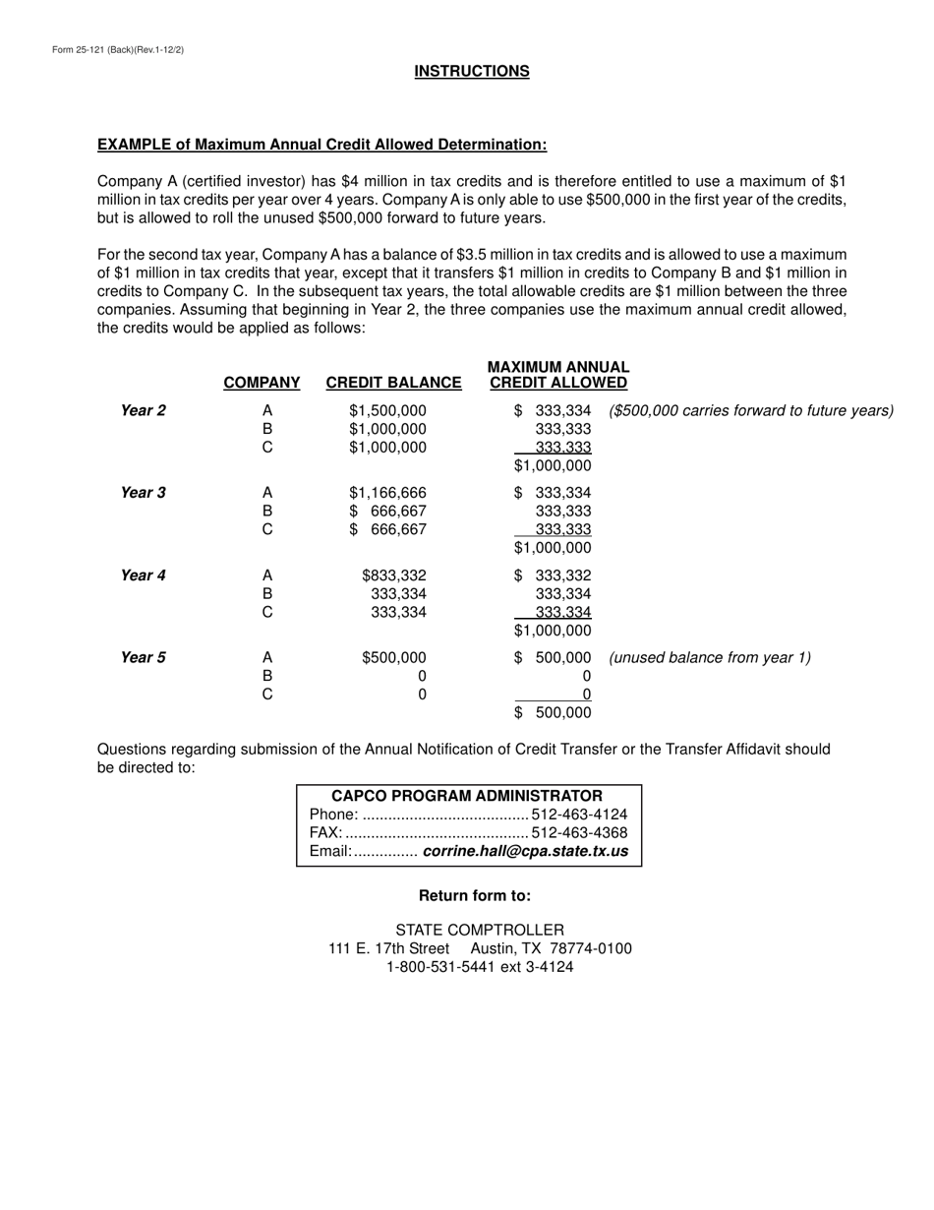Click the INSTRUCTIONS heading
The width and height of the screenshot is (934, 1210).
coord(471,71)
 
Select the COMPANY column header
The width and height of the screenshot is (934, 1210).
coord(262,383)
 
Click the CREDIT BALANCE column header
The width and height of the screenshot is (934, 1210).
coord(393,383)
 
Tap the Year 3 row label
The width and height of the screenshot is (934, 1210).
coord(143,493)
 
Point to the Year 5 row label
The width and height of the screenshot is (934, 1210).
coord(143,658)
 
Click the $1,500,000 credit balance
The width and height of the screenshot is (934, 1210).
coord(387,410)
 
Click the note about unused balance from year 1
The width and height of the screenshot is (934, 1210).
coord(710,658)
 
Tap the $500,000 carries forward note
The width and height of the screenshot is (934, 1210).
coord(751,410)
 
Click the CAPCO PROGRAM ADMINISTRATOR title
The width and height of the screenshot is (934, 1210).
coord(467,796)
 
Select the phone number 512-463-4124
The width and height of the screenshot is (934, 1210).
coord(578,815)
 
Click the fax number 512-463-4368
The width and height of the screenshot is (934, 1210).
coord(578,833)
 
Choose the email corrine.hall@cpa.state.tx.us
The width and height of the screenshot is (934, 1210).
coord(524,851)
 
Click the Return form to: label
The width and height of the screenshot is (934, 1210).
coord(475,895)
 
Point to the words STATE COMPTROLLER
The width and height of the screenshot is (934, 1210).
coord(479,930)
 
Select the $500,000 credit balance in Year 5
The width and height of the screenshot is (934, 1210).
coord(393,658)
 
